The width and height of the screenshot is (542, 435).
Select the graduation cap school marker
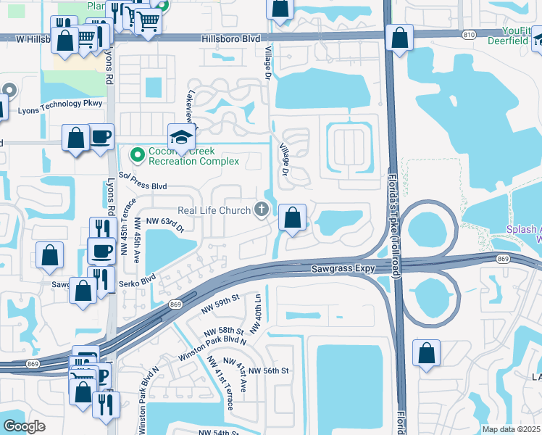coord(181,136)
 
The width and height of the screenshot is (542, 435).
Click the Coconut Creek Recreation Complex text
coord(194,156)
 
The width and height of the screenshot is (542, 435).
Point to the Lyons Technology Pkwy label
coord(61,104)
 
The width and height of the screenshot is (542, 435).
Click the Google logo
coord(24,426)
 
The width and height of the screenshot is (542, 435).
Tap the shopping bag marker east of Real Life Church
coord(292,218)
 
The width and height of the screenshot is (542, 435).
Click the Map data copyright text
coord(510,429)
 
